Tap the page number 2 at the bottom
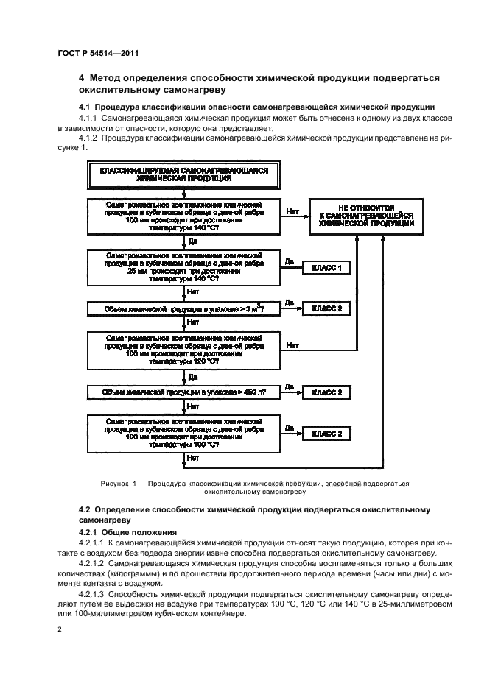[61, 629]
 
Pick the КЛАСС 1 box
[327, 269]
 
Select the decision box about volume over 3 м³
[183, 309]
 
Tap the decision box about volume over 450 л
[183, 392]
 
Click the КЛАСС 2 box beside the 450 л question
[327, 392]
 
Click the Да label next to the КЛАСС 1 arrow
[290, 261]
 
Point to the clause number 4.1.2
[88, 138]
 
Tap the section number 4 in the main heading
[82, 78]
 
